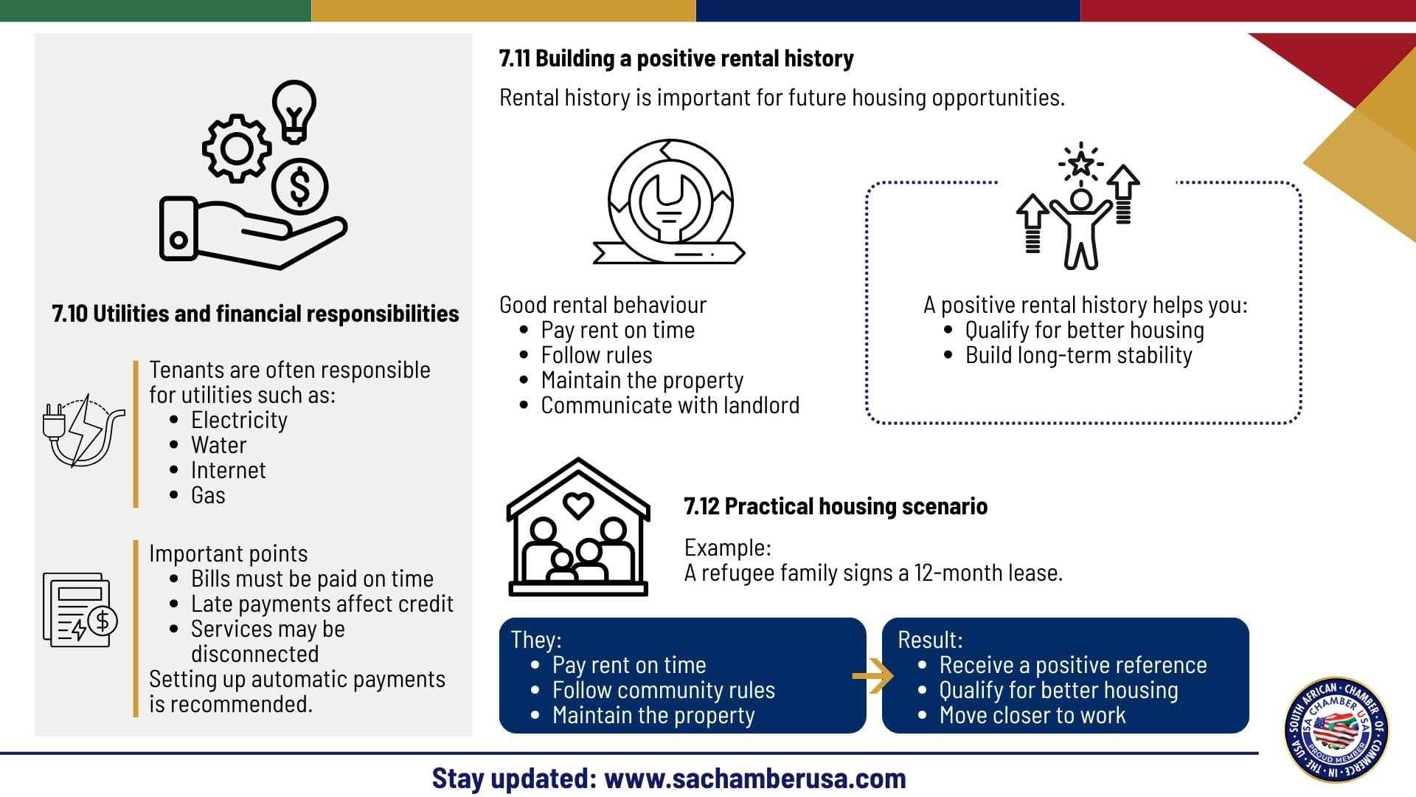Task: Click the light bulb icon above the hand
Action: click(294, 111)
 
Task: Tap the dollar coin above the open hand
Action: click(299, 186)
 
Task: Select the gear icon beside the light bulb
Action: click(237, 148)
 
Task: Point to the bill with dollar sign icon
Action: click(80, 610)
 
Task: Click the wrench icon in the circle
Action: click(669, 201)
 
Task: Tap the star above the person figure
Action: click(1080, 162)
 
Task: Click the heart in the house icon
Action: click(578, 506)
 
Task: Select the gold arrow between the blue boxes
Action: click(872, 676)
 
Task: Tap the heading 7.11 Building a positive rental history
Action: click(676, 58)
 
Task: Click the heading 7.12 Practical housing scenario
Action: click(836, 506)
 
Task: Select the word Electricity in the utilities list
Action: click(239, 420)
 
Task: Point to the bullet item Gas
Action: click(208, 495)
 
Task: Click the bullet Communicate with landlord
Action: click(670, 405)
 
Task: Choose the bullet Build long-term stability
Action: click(1078, 355)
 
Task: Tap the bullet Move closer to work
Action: click(1032, 715)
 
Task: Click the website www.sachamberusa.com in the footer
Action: click(755, 779)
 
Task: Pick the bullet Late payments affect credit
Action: click(322, 604)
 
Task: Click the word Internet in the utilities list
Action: click(229, 470)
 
